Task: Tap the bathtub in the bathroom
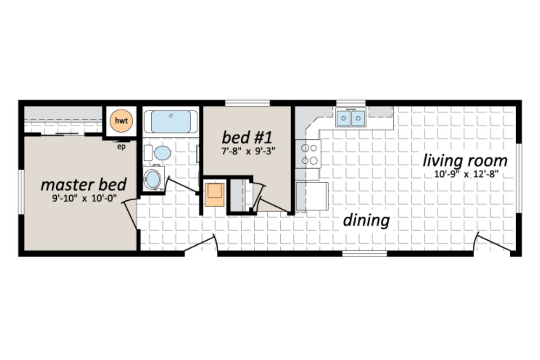point(171,121)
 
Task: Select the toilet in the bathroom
point(162,153)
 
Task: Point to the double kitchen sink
point(351,118)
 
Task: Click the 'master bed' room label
point(83,184)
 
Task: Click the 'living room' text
point(464,160)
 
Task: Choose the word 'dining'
point(366,220)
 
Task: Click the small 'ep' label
point(121,146)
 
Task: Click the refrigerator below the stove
point(312,196)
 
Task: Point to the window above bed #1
point(247,103)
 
